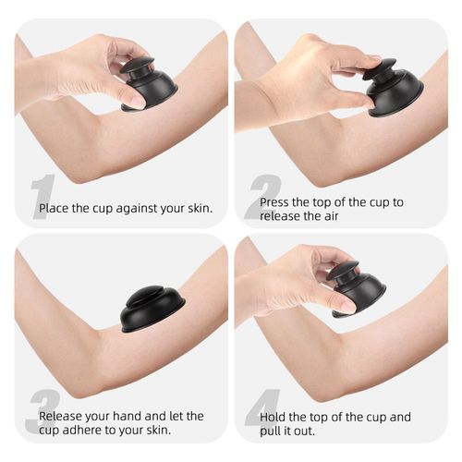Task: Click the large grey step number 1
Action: pos(43,197)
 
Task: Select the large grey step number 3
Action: pos(43,412)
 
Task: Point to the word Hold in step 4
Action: pos(274,417)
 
